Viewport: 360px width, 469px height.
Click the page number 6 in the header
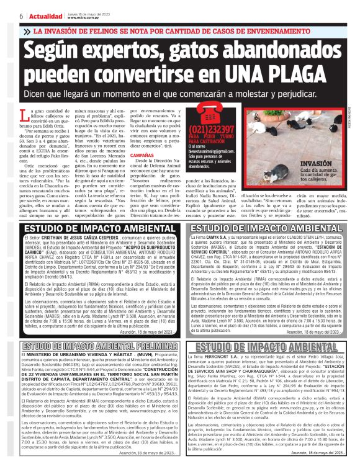tap(6, 15)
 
